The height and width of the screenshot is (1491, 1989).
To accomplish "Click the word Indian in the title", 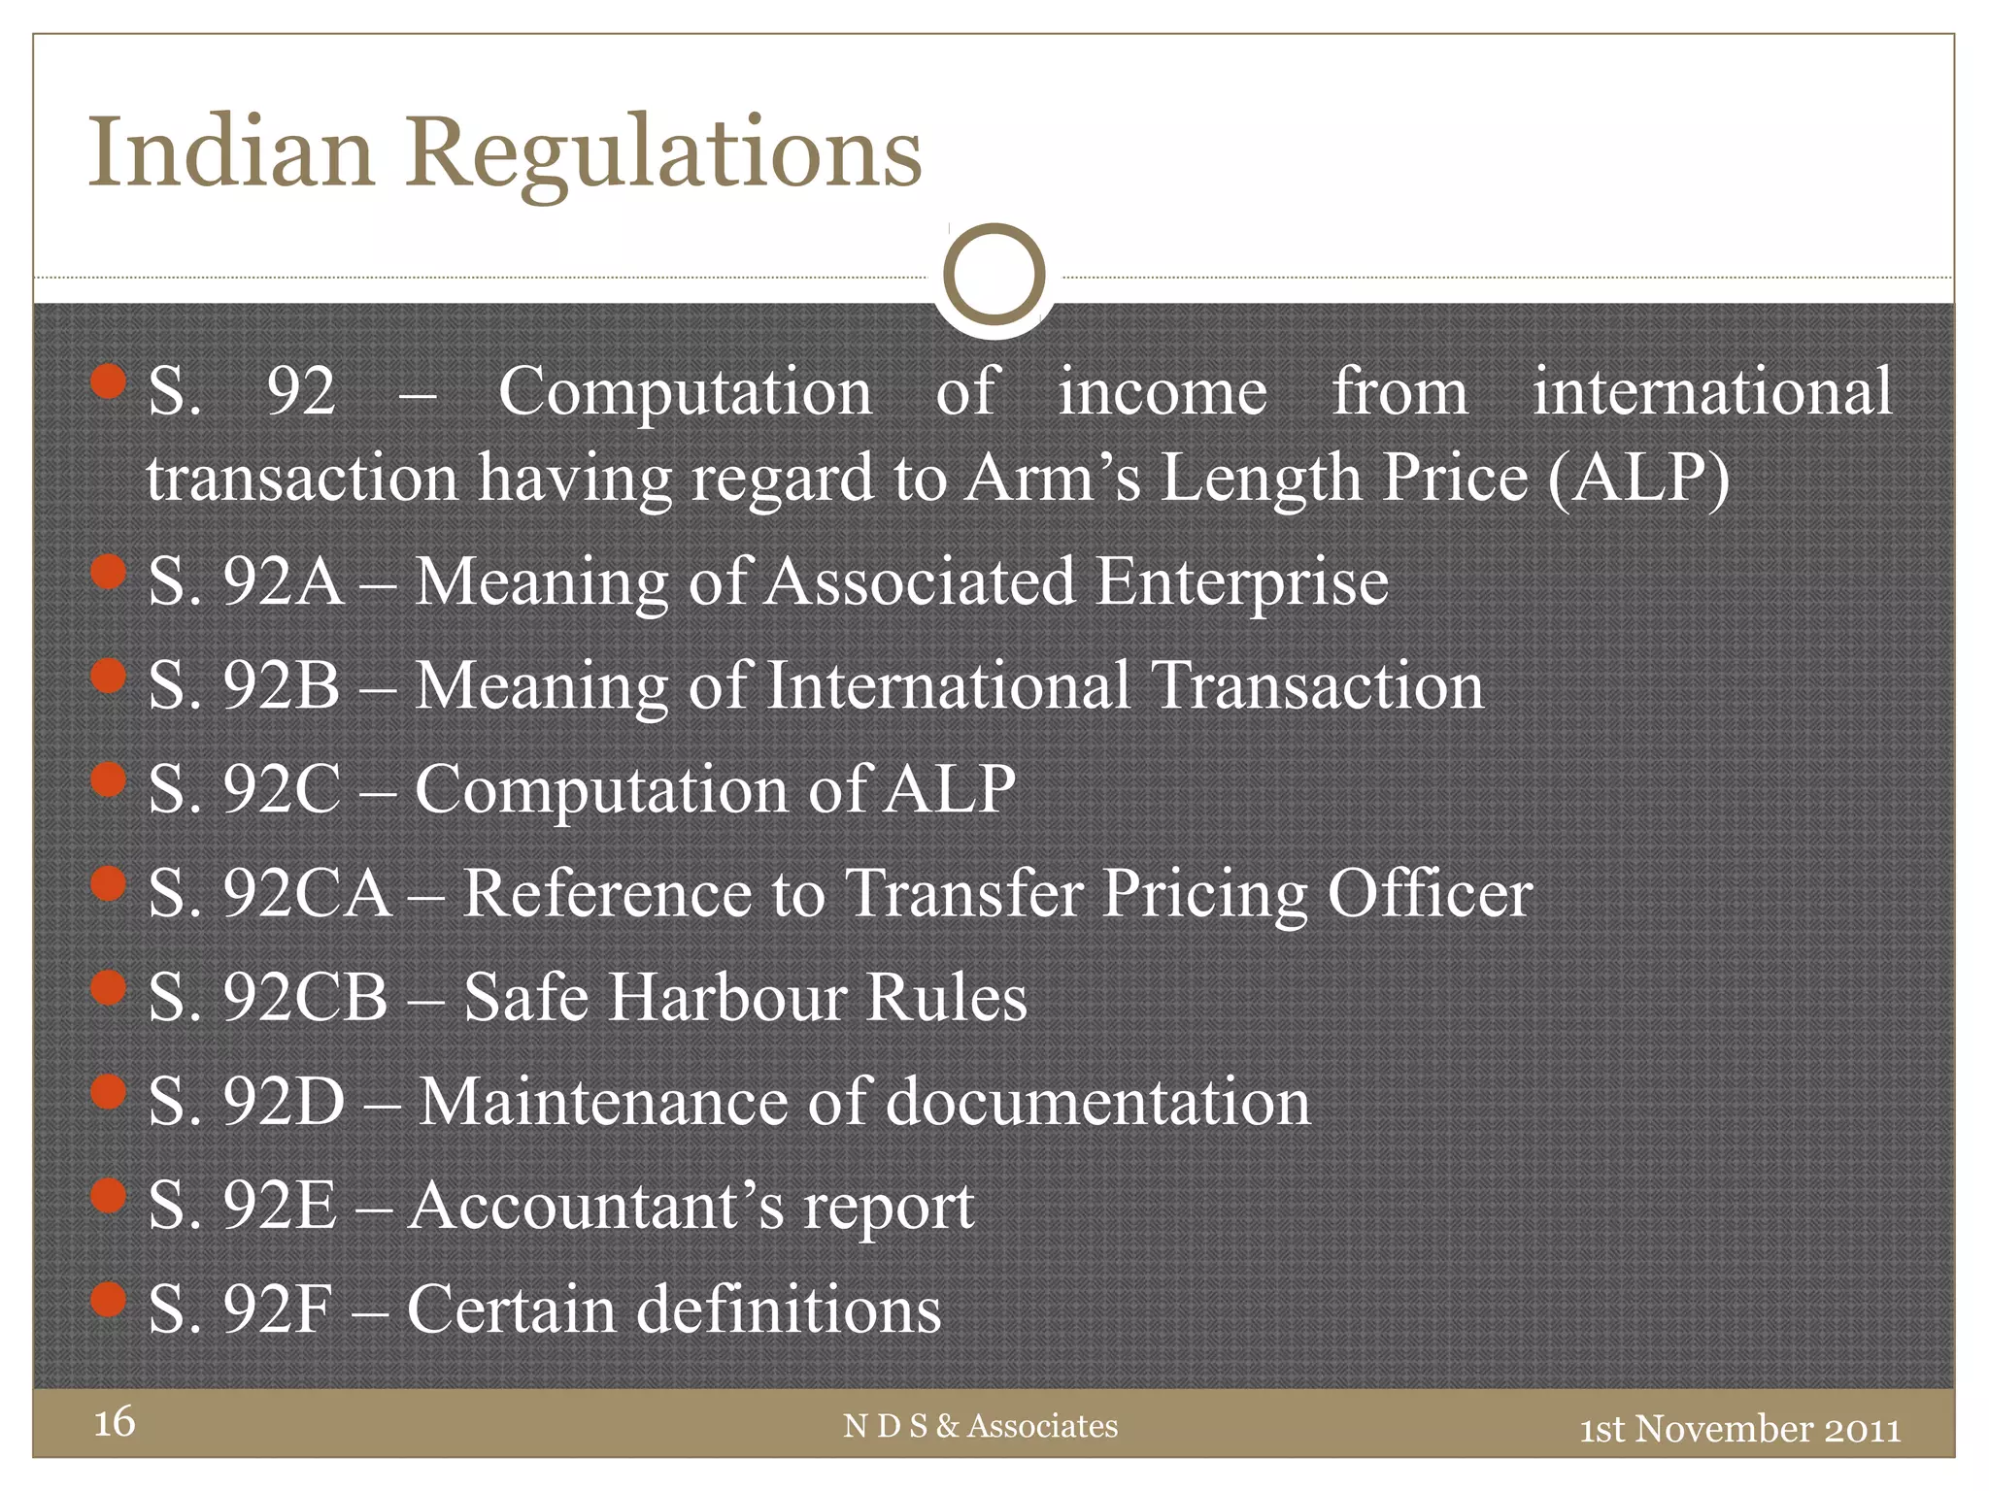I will [231, 153].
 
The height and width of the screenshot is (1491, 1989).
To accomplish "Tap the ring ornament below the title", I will [994, 275].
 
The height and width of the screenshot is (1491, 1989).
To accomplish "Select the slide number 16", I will [114, 1422].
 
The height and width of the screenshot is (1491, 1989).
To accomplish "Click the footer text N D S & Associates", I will [981, 1426].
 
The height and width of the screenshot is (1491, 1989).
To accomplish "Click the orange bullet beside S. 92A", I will [109, 572].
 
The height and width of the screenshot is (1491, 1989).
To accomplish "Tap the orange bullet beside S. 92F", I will [109, 1299].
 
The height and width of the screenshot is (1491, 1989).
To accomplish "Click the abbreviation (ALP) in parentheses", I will [1638, 478].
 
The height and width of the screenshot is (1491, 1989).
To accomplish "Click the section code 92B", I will [282, 686].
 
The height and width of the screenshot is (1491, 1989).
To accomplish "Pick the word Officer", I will [1430, 893].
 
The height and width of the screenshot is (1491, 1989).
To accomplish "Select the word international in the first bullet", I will [1712, 391].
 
